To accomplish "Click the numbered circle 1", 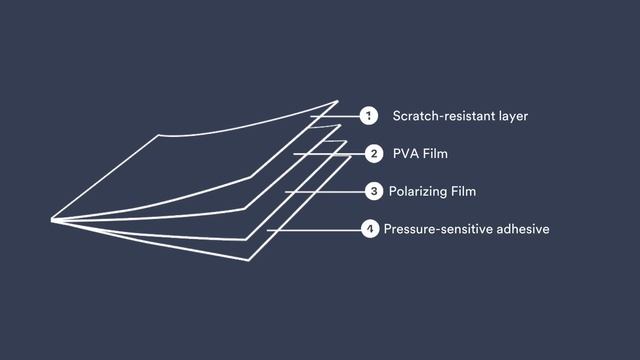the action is [x=369, y=116].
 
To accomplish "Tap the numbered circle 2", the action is [x=373, y=154].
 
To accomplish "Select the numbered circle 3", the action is [x=373, y=190].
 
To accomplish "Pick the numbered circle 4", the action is [x=370, y=230].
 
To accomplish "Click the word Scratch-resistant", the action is [x=446, y=116].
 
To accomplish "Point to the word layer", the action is [x=514, y=116].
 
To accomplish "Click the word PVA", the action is [x=406, y=154].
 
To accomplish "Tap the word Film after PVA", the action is [x=435, y=154].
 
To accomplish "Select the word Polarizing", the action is [x=419, y=190].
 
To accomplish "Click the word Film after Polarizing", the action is [x=461, y=190].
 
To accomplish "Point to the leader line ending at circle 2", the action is [x=330, y=154].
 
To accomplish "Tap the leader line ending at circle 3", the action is [x=325, y=190].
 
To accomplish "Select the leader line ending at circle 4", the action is [x=315, y=230].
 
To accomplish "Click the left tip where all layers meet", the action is [x=52, y=219].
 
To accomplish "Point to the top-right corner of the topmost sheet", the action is [x=337, y=102].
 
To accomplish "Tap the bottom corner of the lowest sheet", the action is [x=248, y=260].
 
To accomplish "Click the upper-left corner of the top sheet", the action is [x=157, y=135].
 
